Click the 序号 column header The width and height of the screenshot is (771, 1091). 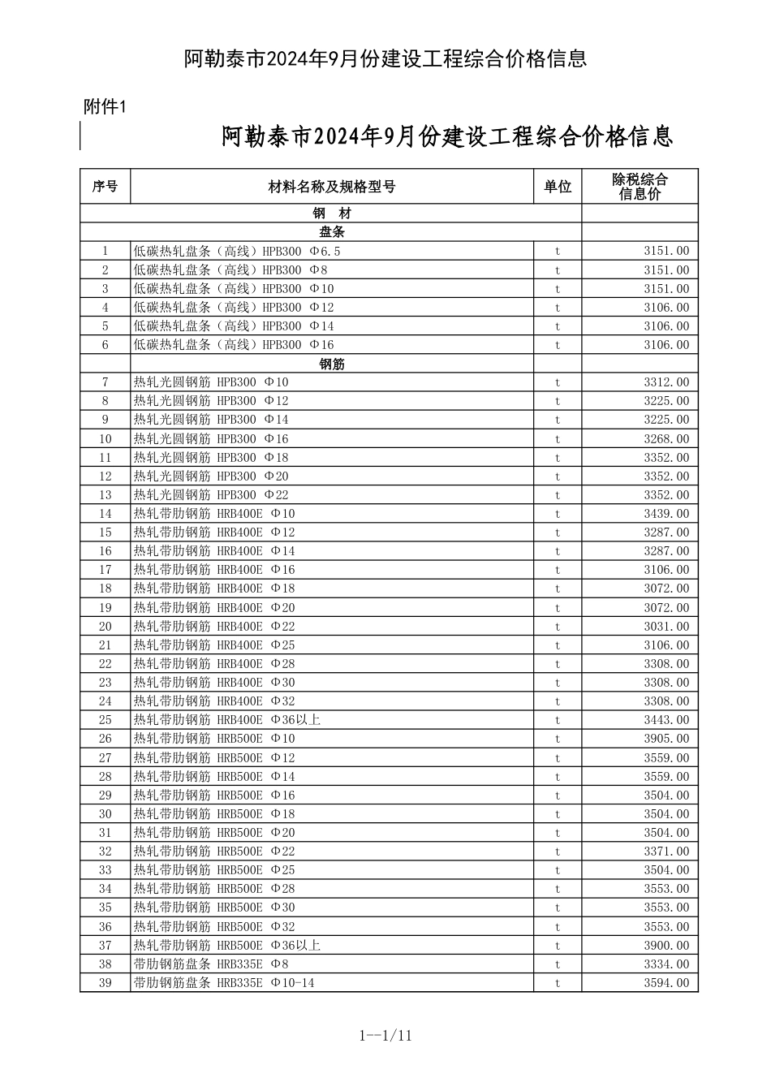coord(105,187)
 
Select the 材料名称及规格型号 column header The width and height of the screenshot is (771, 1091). coord(332,187)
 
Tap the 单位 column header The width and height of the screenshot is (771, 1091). coord(558,187)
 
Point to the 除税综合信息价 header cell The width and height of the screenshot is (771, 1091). coord(640,187)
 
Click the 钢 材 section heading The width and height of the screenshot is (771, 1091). coord(332,213)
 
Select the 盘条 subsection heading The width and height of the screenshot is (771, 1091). coord(332,232)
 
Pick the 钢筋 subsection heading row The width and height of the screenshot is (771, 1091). coord(332,364)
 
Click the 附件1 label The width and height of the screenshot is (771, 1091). coord(106,106)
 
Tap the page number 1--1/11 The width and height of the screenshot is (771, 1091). coord(385,1035)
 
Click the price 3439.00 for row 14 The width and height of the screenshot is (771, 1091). coord(666,514)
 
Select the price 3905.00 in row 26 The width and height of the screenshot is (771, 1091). coord(666,739)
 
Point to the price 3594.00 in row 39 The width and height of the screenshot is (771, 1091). coord(666,983)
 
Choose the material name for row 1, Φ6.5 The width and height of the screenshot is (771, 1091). coord(237,251)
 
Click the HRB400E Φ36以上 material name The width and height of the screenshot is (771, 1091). coord(227,720)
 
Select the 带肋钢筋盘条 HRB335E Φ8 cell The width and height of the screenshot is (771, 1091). coord(211,964)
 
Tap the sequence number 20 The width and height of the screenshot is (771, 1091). coord(105,627)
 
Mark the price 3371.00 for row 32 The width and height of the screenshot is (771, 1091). coord(666,852)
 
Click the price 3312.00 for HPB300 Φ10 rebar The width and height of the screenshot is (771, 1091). coord(666,382)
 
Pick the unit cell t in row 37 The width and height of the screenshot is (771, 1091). coord(558,946)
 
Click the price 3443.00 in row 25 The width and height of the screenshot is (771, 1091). coord(666,720)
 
